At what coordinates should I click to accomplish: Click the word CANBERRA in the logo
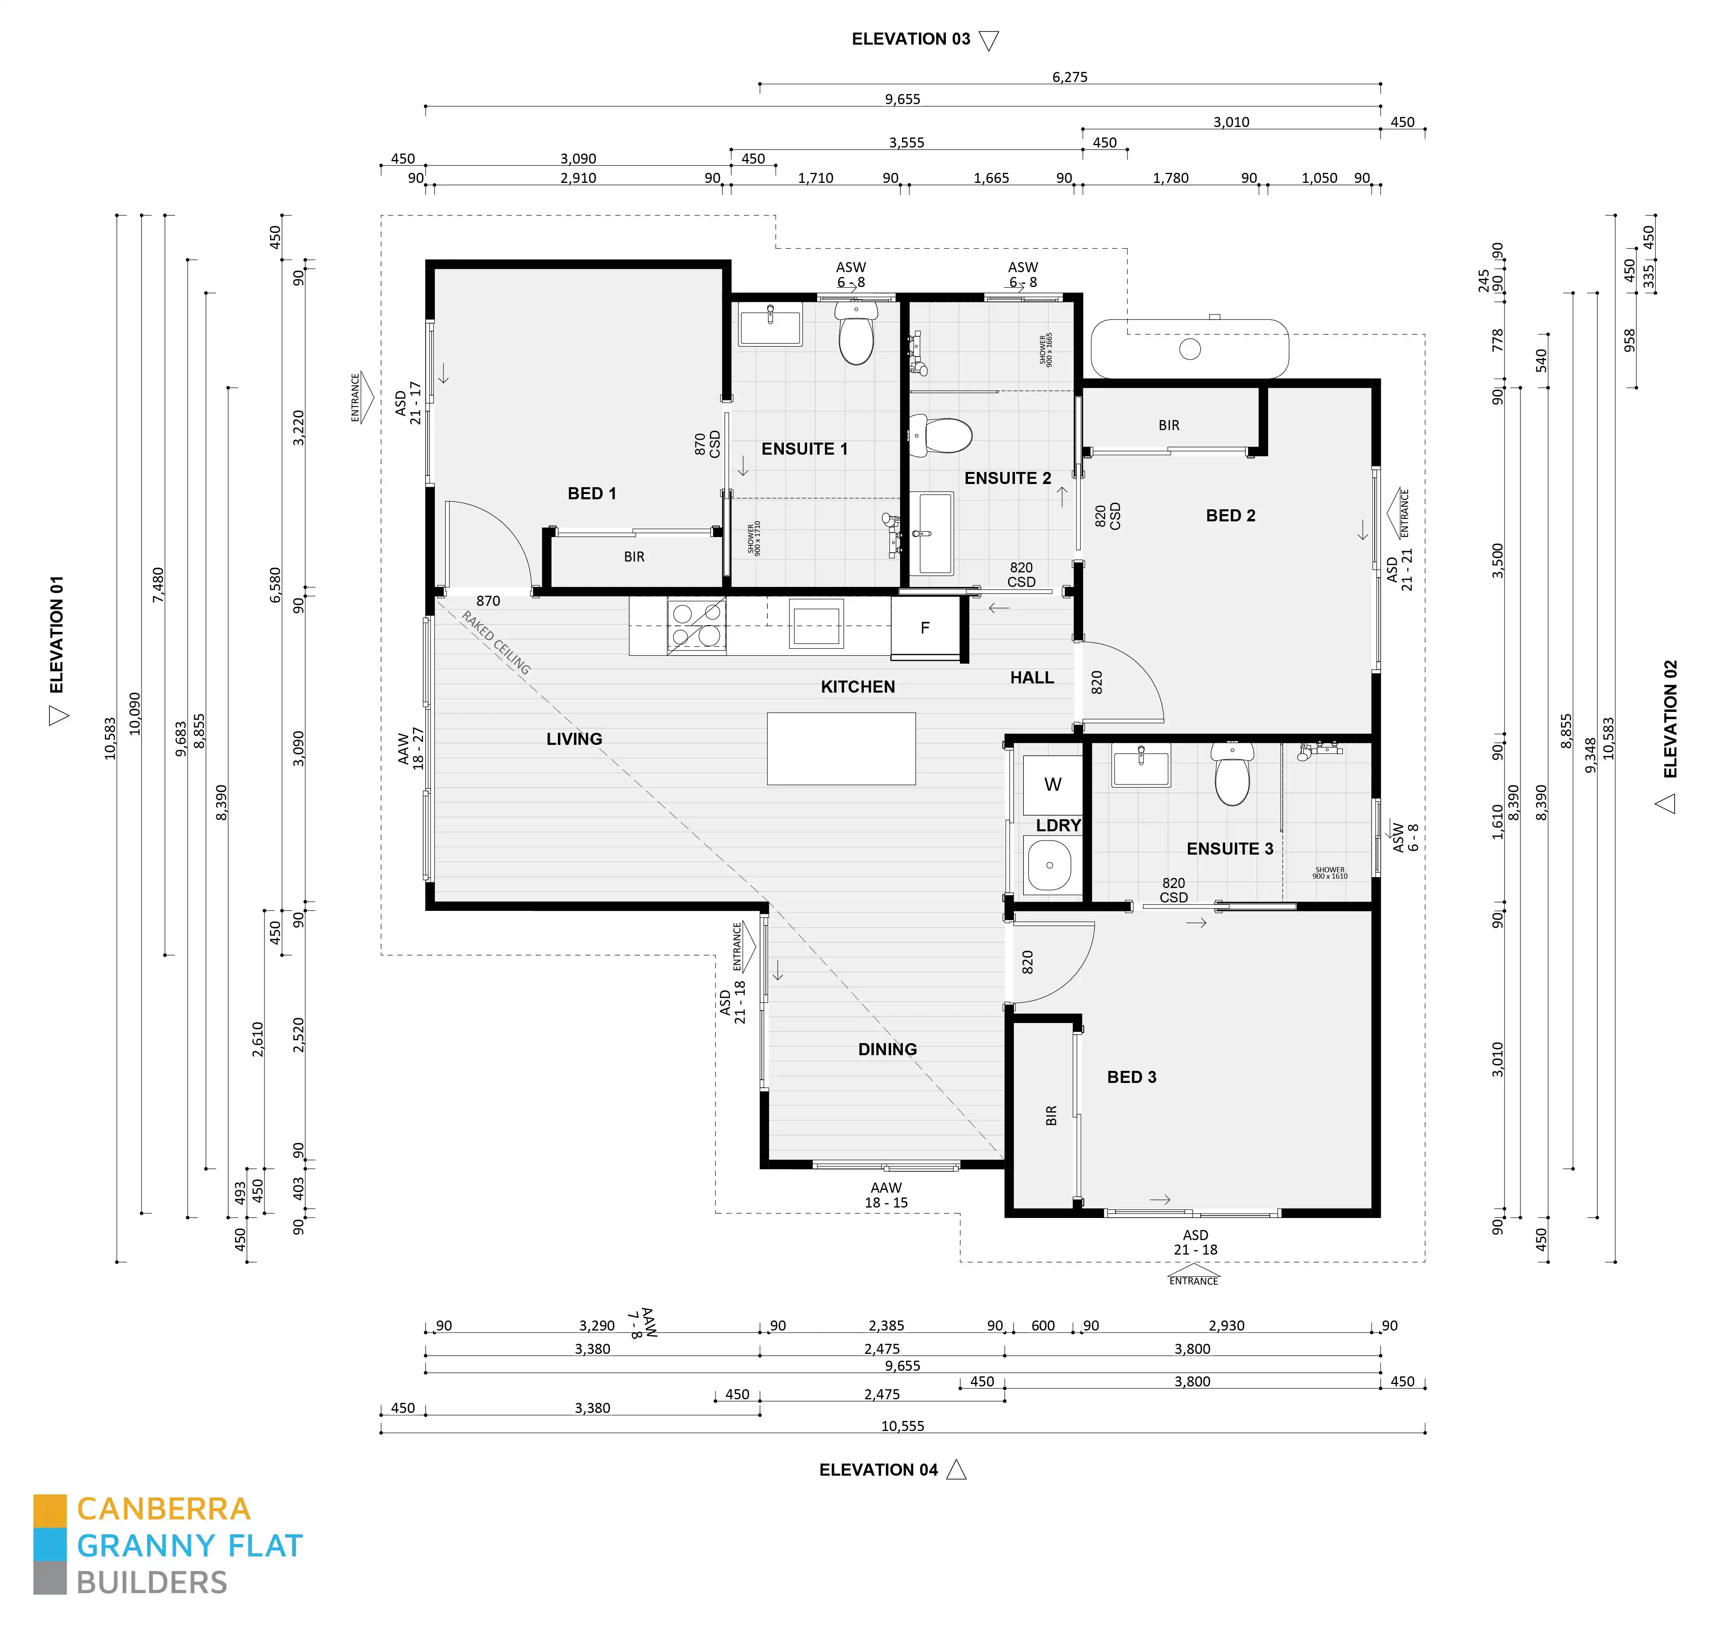163,1509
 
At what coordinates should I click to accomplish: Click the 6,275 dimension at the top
1069,77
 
